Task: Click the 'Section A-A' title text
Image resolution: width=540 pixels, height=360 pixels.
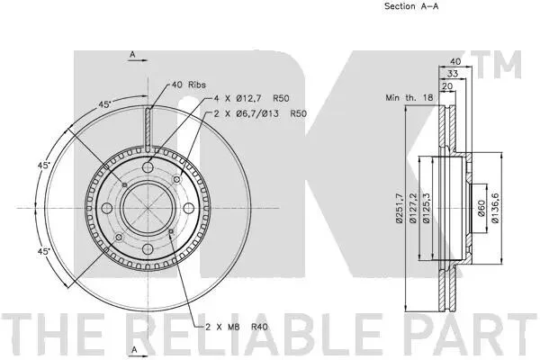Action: coord(411,6)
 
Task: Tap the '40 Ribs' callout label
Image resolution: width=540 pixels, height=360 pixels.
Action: coord(188,85)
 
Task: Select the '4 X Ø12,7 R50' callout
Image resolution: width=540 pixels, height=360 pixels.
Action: coord(251,98)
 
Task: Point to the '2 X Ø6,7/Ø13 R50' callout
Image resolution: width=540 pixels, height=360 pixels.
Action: coord(260,113)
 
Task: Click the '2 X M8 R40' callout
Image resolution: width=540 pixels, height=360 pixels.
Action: coord(236,327)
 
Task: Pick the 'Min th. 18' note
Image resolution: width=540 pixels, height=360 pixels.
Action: coord(409,97)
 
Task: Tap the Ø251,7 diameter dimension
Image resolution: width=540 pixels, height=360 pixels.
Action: coord(400,208)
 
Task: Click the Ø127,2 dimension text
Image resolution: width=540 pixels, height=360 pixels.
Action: coord(413,208)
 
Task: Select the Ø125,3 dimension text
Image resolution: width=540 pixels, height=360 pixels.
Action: coord(427,208)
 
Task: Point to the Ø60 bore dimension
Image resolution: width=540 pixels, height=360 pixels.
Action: coord(481,208)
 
